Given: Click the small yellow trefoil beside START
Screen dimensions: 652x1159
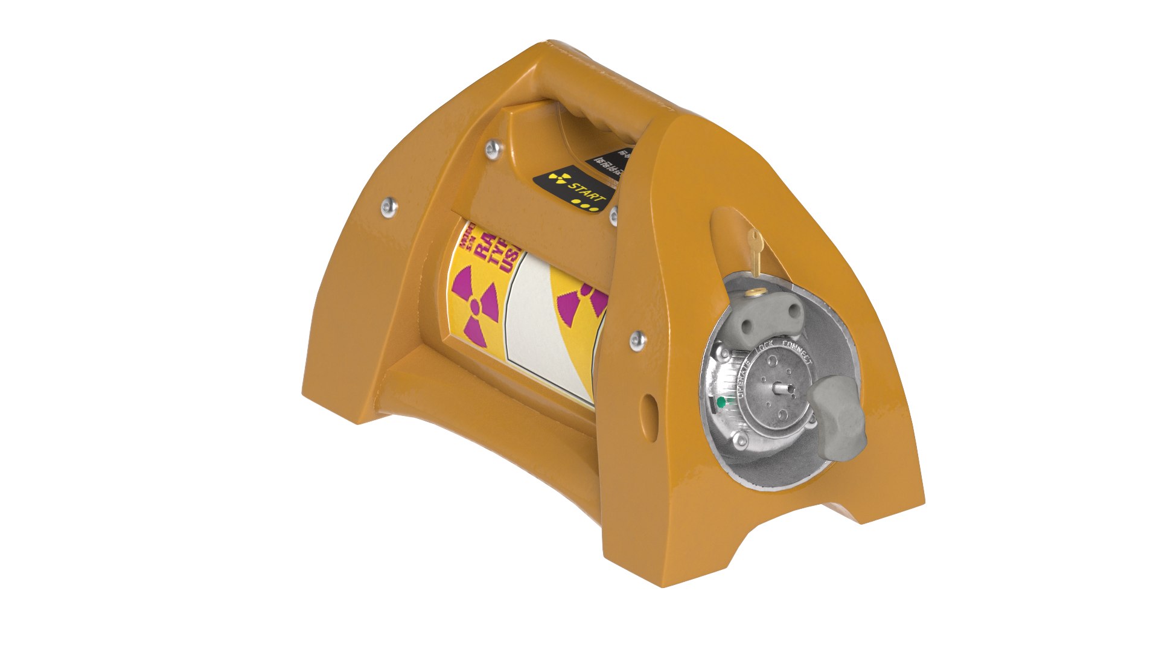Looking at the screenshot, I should [558, 179].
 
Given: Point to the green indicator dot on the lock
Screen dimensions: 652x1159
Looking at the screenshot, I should [720, 401].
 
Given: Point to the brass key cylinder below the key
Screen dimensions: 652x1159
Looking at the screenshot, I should [752, 292].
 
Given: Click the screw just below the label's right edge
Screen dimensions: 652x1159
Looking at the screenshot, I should [637, 341].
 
